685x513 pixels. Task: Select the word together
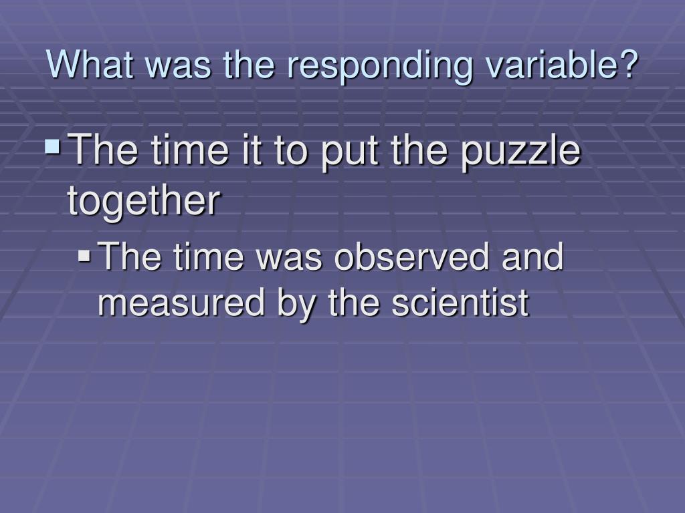tap(143, 201)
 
